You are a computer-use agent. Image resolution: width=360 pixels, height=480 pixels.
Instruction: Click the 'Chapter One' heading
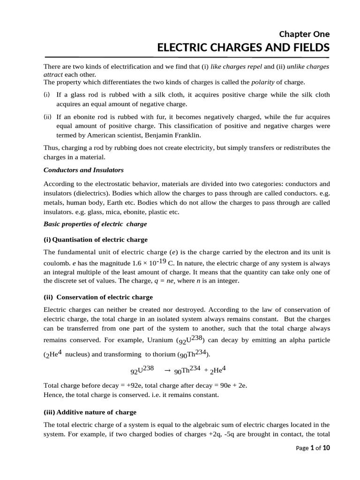click(x=304, y=34)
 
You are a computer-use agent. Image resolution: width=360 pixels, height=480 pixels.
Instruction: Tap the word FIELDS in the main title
click(x=309, y=48)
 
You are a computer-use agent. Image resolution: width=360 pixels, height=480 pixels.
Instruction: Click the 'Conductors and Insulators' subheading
click(x=83, y=170)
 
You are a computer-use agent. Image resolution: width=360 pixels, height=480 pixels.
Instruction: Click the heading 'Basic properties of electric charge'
click(x=95, y=224)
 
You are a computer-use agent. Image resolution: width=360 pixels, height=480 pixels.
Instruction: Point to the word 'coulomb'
click(x=54, y=262)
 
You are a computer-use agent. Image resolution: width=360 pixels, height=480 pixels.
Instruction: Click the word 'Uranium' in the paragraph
click(x=160, y=339)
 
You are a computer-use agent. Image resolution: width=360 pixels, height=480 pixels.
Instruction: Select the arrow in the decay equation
click(x=167, y=370)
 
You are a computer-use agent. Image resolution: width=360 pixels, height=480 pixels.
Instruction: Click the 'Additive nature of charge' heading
click(x=90, y=412)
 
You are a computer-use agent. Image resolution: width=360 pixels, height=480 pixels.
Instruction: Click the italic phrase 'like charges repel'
click(x=237, y=67)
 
